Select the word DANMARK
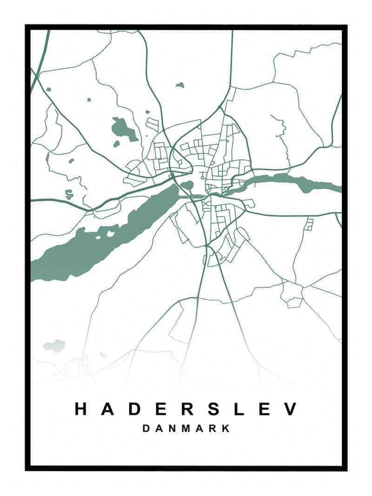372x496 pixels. (186, 429)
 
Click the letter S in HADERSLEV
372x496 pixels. (213, 409)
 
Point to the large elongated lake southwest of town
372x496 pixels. (107, 237)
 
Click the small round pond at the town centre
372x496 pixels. (187, 185)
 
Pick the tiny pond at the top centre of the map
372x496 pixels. (179, 85)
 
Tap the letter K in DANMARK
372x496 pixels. (226, 429)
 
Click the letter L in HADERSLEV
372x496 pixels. (239, 409)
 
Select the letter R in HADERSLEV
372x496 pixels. (187, 409)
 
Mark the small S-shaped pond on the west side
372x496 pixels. (69, 194)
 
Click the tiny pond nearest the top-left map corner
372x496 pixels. (48, 89)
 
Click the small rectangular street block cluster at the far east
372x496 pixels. (309, 224)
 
